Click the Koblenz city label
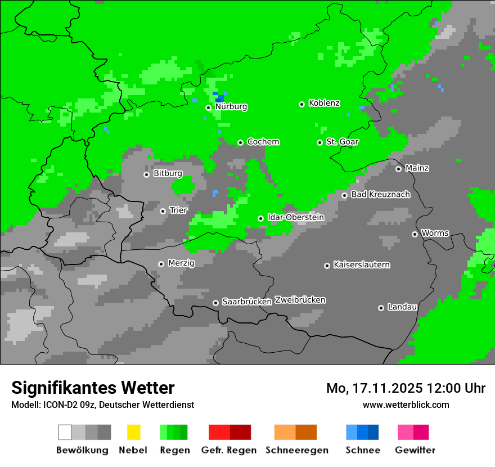point(324,103)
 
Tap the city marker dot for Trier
point(163,211)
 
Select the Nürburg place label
point(231,106)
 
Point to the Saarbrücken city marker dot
point(215,303)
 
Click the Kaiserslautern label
point(361,264)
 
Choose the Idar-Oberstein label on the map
point(295,217)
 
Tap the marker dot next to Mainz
point(398,169)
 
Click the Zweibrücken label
point(300,300)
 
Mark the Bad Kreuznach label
point(380,195)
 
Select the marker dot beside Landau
point(381,308)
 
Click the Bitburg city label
point(168,173)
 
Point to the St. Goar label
point(342,142)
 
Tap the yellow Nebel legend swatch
point(133,432)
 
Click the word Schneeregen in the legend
point(296,450)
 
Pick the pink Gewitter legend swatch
point(406,432)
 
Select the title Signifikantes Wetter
point(93,388)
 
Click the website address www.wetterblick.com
point(406,405)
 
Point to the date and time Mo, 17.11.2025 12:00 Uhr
point(406,388)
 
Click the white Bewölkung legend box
point(65,432)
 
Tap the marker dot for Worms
point(415,234)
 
